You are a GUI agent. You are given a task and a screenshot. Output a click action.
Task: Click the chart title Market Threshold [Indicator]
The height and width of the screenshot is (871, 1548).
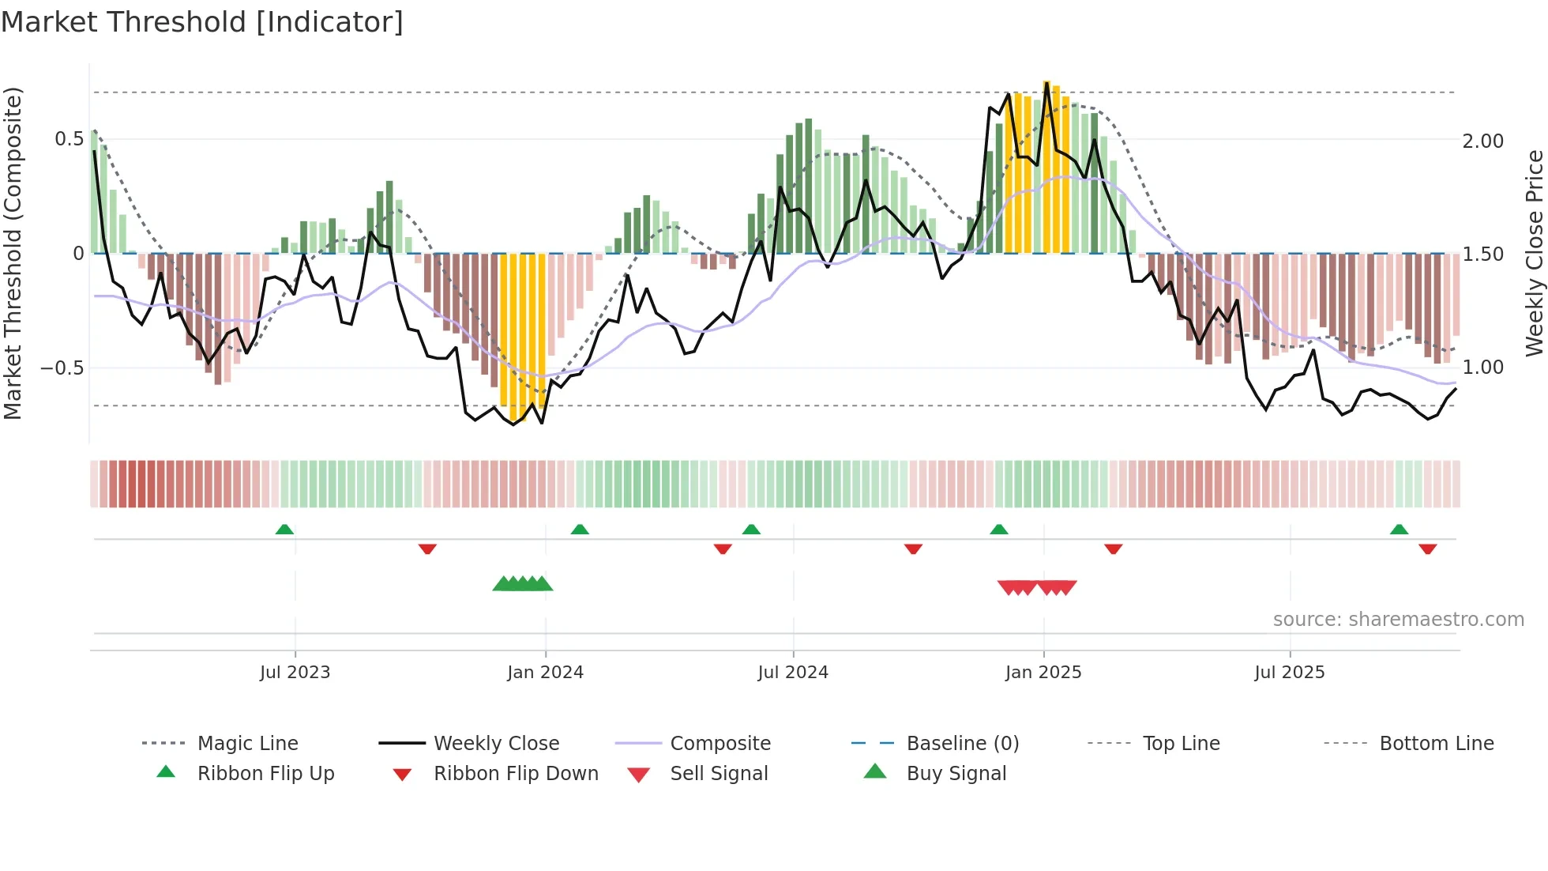pos(202,22)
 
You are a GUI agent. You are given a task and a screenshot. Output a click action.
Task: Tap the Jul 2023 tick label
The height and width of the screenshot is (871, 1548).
pos(295,673)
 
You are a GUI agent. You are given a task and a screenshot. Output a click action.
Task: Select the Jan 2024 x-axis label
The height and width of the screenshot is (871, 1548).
pos(545,673)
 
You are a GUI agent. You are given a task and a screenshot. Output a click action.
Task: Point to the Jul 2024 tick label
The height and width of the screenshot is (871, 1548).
pos(793,673)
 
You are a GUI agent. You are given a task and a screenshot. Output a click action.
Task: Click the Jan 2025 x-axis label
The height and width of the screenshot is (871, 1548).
pos(1043,673)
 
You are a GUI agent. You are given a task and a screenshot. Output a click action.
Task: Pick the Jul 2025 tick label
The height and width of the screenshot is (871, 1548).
pos(1290,673)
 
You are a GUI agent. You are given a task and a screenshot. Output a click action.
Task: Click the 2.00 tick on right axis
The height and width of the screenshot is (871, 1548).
pos(1482,141)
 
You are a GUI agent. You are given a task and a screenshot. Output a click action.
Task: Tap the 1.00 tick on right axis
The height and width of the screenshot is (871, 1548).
pos(1482,368)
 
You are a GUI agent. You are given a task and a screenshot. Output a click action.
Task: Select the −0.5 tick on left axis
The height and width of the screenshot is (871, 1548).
pos(62,368)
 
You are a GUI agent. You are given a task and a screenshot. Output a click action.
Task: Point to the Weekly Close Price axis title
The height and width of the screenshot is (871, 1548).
pos(1534,253)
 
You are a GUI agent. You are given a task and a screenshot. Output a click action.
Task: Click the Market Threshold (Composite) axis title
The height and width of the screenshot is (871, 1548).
pos(13,253)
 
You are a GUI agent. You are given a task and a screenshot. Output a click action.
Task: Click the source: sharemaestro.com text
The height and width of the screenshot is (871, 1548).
pos(1398,620)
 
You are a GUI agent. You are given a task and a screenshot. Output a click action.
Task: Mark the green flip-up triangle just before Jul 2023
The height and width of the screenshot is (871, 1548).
pos(284,530)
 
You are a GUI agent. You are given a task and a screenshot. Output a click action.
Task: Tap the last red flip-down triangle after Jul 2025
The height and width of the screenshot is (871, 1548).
pos(1427,549)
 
